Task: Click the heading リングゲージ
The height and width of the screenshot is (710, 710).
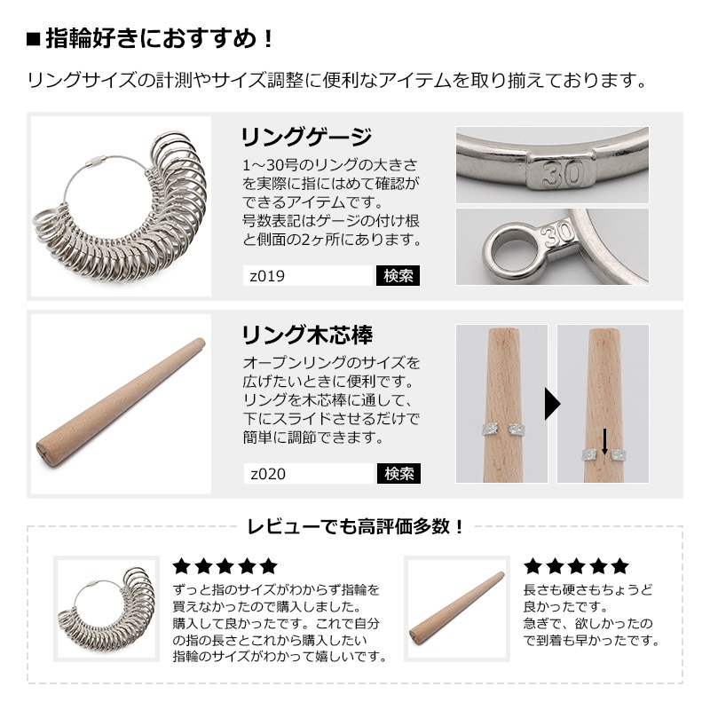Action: click(x=306, y=137)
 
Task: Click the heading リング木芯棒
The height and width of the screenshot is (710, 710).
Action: click(x=307, y=335)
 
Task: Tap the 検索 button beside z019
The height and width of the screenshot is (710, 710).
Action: click(x=398, y=275)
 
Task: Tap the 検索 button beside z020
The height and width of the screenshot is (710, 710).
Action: click(x=398, y=474)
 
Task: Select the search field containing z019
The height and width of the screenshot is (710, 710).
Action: click(x=308, y=275)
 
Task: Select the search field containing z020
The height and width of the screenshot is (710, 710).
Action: click(x=309, y=474)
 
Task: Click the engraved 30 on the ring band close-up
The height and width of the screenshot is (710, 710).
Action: click(x=563, y=172)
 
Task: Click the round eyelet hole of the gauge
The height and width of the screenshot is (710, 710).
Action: click(x=510, y=250)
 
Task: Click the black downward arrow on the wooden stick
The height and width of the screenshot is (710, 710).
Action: click(x=604, y=441)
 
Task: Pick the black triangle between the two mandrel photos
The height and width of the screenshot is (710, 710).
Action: click(x=552, y=404)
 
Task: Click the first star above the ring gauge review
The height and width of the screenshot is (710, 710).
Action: click(x=182, y=566)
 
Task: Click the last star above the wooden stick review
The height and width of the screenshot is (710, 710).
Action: click(x=619, y=566)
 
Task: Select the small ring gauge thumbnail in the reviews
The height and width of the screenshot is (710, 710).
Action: click(x=106, y=609)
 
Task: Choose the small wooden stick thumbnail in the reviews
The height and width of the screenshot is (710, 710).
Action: click(x=457, y=609)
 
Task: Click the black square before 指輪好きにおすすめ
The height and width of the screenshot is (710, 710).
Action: click(x=34, y=39)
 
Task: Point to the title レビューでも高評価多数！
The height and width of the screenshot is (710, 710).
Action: click(x=356, y=526)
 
